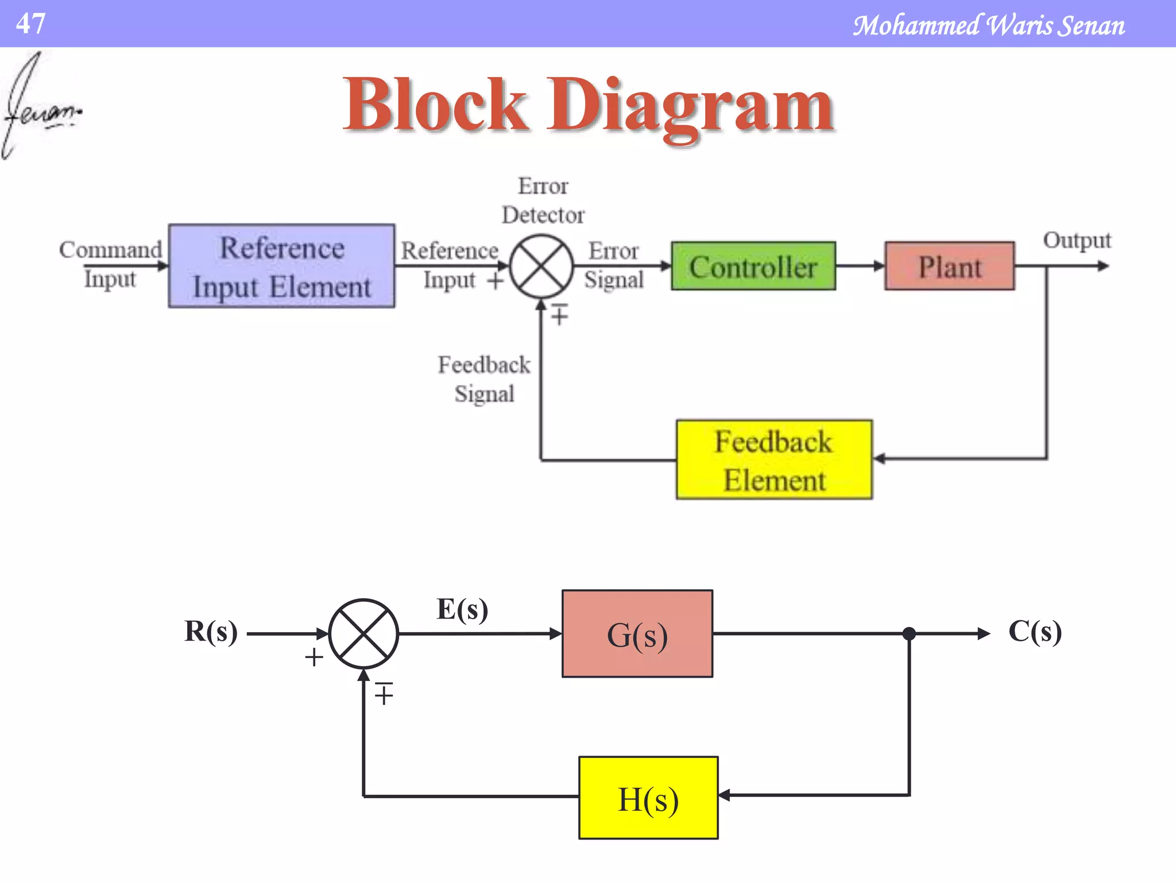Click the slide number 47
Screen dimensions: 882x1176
pos(30,24)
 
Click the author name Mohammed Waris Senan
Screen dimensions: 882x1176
pos(988,26)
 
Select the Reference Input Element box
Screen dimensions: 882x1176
pos(281,266)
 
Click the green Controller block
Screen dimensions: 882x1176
pos(753,266)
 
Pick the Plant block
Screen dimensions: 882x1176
pos(949,266)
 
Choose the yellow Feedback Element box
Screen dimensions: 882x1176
pos(773,460)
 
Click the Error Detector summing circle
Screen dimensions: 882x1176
pos(541,266)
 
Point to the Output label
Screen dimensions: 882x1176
pos(1077,241)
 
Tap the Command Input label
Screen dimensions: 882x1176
pos(110,264)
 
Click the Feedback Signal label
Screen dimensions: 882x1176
pos(484,379)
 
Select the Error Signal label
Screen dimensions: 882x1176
pos(613,265)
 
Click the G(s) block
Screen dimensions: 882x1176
pos(637,634)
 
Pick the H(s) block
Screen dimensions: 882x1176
pos(648,798)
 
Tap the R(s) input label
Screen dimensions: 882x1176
pos(211,632)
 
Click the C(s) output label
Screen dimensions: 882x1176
pos(1035,632)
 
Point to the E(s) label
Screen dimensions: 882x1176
pos(462,609)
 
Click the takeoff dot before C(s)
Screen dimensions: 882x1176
pos(909,634)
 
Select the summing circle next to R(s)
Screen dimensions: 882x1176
pos(363,634)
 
